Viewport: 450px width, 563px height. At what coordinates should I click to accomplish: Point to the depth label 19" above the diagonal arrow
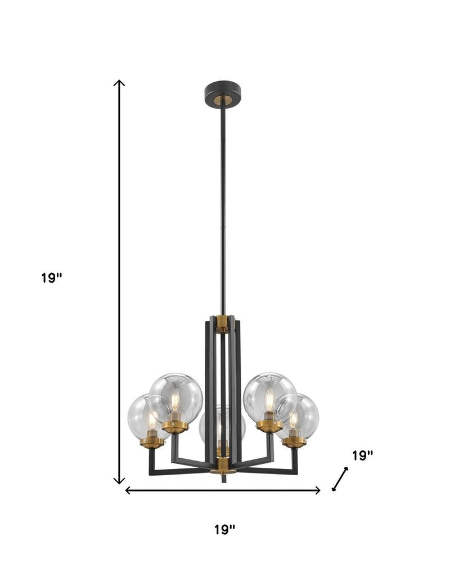(x=362, y=455)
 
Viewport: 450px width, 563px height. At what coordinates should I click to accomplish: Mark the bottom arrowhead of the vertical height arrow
(x=119, y=480)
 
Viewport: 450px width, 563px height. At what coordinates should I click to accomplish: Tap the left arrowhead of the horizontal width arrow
(x=128, y=490)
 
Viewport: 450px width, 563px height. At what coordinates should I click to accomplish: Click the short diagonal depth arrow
(x=340, y=479)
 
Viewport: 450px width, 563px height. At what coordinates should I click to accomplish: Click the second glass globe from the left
(x=176, y=397)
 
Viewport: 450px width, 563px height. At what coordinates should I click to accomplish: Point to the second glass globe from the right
(x=270, y=397)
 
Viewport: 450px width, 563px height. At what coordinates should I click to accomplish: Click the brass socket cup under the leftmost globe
(x=152, y=442)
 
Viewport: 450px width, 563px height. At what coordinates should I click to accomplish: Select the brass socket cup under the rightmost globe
(x=294, y=441)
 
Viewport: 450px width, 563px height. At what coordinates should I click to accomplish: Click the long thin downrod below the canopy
(x=223, y=208)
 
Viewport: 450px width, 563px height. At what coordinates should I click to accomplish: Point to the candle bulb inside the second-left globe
(x=175, y=401)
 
